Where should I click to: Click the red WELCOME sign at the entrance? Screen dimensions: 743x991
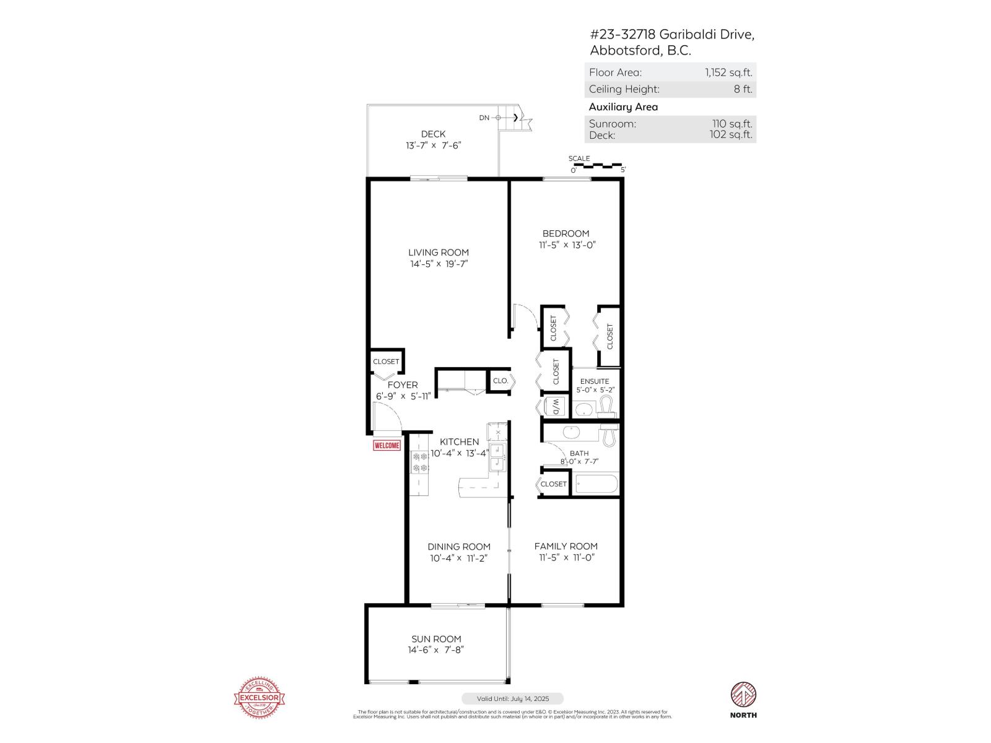pyautogui.click(x=387, y=445)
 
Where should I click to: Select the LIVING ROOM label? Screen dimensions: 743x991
pyautogui.click(x=439, y=252)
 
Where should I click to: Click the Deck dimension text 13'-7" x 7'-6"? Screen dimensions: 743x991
pyautogui.click(x=434, y=146)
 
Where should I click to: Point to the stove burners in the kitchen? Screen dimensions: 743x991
pyautogui.click(x=420, y=463)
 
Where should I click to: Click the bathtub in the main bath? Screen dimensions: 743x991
pyautogui.click(x=596, y=484)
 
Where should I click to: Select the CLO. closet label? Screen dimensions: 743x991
pyautogui.click(x=500, y=381)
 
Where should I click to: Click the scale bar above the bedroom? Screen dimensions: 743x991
pyautogui.click(x=598, y=166)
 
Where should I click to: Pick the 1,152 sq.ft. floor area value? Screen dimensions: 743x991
pyautogui.click(x=728, y=72)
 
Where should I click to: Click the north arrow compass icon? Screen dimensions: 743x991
pyautogui.click(x=744, y=695)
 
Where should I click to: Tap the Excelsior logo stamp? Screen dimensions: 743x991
pyautogui.click(x=260, y=698)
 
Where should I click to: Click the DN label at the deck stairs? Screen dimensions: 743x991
pyautogui.click(x=484, y=118)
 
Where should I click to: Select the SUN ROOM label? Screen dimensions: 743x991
pyautogui.click(x=436, y=639)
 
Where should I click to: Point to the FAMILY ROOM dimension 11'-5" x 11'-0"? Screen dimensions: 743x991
pyautogui.click(x=566, y=557)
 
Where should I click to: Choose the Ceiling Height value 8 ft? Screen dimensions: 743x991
pyautogui.click(x=743, y=89)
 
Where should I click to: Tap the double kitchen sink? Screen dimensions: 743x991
pyautogui.click(x=497, y=457)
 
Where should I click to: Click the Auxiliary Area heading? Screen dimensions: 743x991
pyautogui.click(x=623, y=107)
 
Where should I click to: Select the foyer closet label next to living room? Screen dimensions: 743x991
pyautogui.click(x=386, y=362)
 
